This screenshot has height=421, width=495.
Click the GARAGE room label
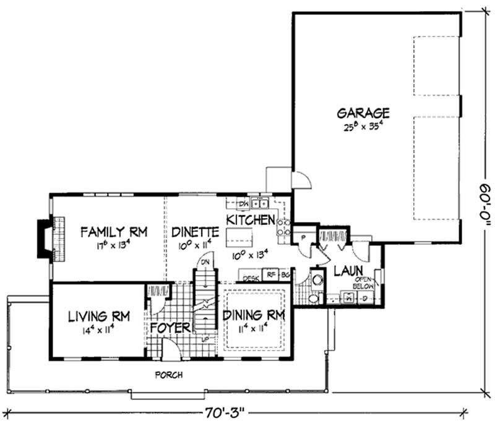pyautogui.click(x=363, y=113)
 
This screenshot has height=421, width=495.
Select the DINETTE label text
pyautogui.click(x=196, y=232)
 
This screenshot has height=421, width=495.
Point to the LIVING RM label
pyautogui.click(x=99, y=317)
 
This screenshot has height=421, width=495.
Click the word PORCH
pyautogui.click(x=168, y=375)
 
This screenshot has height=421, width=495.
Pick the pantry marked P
pyautogui.click(x=304, y=237)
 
